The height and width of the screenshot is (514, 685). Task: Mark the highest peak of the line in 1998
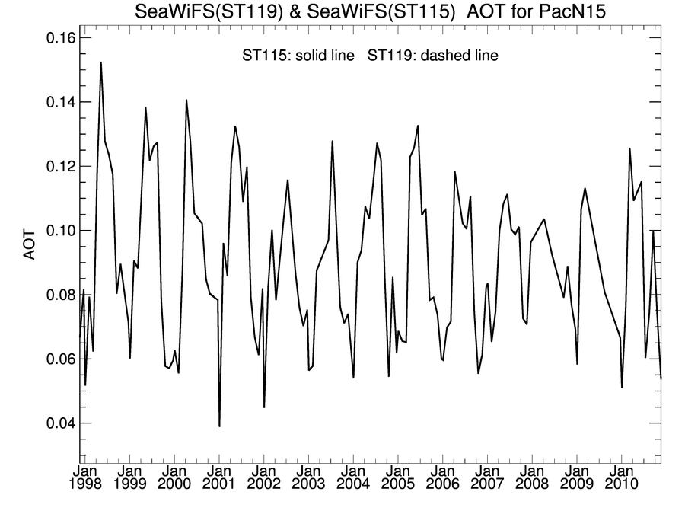click(x=100, y=62)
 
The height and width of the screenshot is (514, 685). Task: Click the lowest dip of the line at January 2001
click(x=219, y=426)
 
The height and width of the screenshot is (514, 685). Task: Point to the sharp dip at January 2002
click(x=264, y=407)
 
